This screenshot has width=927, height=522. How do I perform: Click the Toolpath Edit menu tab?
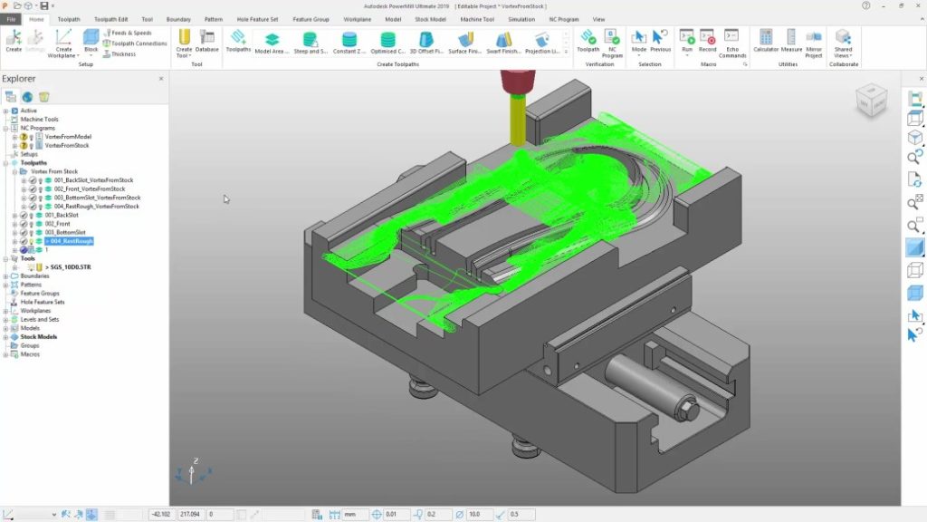110,19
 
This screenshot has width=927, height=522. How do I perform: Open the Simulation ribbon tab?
521,19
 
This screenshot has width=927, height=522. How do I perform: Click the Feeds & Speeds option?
130,33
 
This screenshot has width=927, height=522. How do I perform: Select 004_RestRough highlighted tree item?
72,241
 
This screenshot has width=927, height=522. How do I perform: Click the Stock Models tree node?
39,337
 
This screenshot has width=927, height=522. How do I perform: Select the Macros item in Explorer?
30,354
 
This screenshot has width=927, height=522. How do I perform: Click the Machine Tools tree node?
39,120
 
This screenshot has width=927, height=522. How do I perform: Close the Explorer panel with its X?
161,79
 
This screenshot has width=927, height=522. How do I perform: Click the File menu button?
12,19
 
